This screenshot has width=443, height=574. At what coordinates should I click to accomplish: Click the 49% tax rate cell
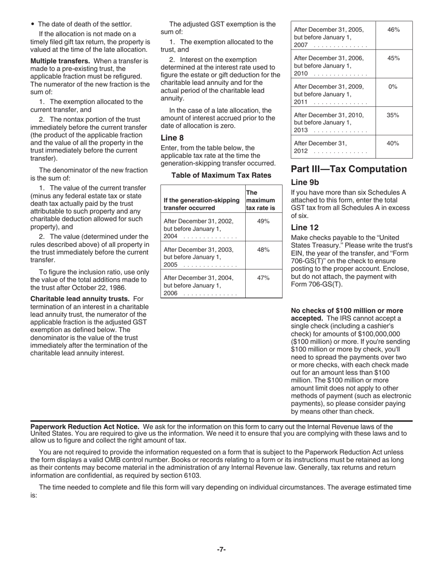point(263,221)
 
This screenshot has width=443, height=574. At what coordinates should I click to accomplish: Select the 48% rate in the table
point(263,250)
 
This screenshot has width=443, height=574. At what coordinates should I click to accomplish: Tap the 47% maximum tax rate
point(263,278)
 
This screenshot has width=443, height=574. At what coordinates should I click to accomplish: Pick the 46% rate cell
point(394,30)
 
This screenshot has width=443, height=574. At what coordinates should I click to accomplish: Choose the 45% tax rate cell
point(394,58)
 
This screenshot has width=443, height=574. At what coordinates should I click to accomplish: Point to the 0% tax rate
point(394,87)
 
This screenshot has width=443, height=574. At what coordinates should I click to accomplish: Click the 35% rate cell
point(394,115)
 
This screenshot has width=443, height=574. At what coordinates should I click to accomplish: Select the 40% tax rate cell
point(394,143)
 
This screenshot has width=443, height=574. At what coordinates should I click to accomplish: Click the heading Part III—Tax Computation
point(349,169)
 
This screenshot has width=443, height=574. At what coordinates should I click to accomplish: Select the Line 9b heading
point(305,182)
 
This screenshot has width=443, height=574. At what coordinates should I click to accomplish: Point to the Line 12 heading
point(305,227)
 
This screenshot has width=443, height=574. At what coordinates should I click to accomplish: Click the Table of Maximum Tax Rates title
point(221,175)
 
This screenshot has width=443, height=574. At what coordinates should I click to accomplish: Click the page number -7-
point(221,550)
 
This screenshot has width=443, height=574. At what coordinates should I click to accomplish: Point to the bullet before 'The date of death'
point(33,24)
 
